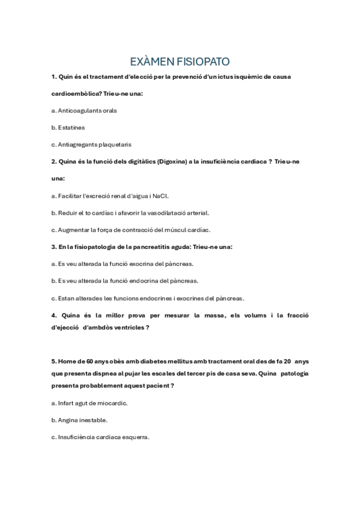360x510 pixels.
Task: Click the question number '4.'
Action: click(x=54, y=315)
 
